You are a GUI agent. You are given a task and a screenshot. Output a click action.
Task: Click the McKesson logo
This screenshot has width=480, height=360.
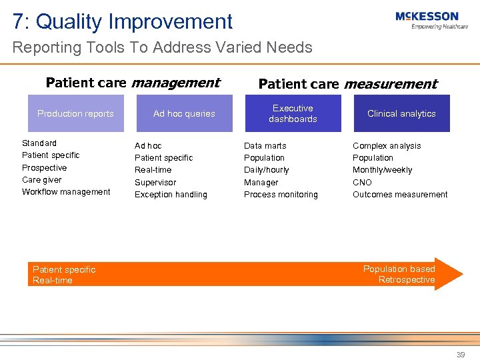(x=431, y=19)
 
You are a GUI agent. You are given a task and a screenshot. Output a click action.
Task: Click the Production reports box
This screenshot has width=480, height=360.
(x=75, y=113)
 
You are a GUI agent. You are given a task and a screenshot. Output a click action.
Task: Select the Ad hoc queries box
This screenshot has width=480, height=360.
(x=184, y=113)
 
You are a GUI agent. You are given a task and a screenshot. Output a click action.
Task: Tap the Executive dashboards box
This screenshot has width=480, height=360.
(x=293, y=113)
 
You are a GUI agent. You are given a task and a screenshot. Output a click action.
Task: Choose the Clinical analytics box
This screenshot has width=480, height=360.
(x=401, y=113)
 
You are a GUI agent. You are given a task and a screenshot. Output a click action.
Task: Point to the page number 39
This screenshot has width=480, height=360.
(x=460, y=355)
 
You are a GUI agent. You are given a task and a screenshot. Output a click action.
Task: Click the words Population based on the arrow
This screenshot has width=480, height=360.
(x=399, y=269)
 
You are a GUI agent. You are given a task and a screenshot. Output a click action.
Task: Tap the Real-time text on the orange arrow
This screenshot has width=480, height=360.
(x=53, y=281)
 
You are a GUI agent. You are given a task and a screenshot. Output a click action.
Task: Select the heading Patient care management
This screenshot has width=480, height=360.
(x=133, y=83)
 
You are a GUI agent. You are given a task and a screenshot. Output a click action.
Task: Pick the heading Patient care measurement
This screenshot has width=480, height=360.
(x=347, y=84)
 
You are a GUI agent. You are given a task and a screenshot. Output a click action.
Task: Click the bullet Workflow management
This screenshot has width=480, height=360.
(x=66, y=192)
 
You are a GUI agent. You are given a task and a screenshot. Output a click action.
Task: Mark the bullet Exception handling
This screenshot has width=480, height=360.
(x=171, y=195)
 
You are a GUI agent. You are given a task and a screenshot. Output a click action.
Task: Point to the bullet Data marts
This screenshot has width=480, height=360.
(x=265, y=146)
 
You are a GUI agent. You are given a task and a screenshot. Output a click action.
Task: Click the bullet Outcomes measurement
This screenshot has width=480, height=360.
(x=400, y=195)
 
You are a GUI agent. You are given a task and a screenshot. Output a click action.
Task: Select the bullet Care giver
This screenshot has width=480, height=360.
(x=41, y=180)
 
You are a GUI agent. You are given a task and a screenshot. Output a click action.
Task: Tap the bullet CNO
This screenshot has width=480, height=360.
(x=362, y=183)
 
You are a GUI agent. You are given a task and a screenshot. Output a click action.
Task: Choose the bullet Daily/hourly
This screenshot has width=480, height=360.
(x=266, y=170)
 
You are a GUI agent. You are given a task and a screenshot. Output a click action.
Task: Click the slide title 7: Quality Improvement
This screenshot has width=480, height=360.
(x=123, y=21)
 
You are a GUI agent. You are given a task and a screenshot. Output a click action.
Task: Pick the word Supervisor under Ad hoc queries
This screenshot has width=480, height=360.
(x=155, y=183)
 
